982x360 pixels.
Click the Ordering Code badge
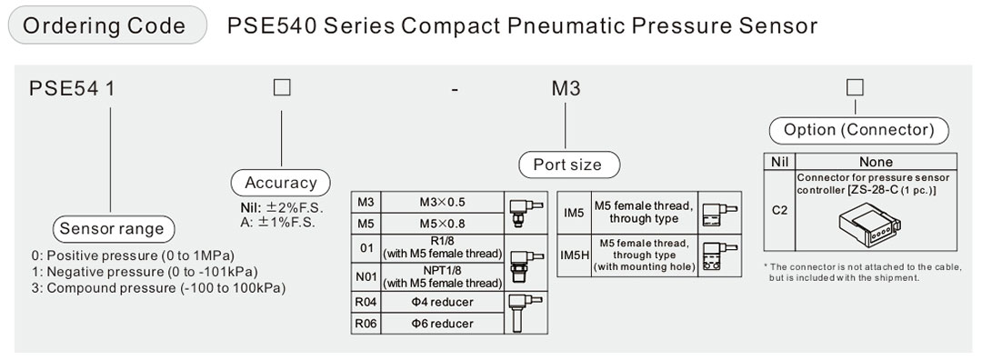pyautogui.click(x=107, y=25)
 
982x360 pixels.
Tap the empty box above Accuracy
pyautogui.click(x=282, y=87)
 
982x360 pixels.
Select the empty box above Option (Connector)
pyautogui.click(x=854, y=87)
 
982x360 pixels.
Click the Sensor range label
pyautogui.click(x=112, y=228)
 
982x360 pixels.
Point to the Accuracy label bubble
pyautogui.click(x=281, y=182)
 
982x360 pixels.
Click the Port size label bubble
pyautogui.click(x=567, y=165)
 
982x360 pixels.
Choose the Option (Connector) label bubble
pyautogui.click(x=858, y=130)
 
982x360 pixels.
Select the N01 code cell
pyautogui.click(x=366, y=276)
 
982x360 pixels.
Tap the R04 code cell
pyautogui.click(x=366, y=302)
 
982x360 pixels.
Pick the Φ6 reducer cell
pyautogui.click(x=442, y=324)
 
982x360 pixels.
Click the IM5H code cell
pyautogui.click(x=574, y=255)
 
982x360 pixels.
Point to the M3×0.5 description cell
pyautogui.click(x=442, y=202)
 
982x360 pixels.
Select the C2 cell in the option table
pyautogui.click(x=779, y=210)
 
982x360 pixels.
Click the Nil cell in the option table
pyautogui.click(x=779, y=162)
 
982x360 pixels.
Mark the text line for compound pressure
pyautogui.click(x=159, y=288)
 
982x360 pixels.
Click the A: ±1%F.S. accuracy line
pyautogui.click(x=277, y=222)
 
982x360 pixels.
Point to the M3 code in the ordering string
pyautogui.click(x=566, y=88)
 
